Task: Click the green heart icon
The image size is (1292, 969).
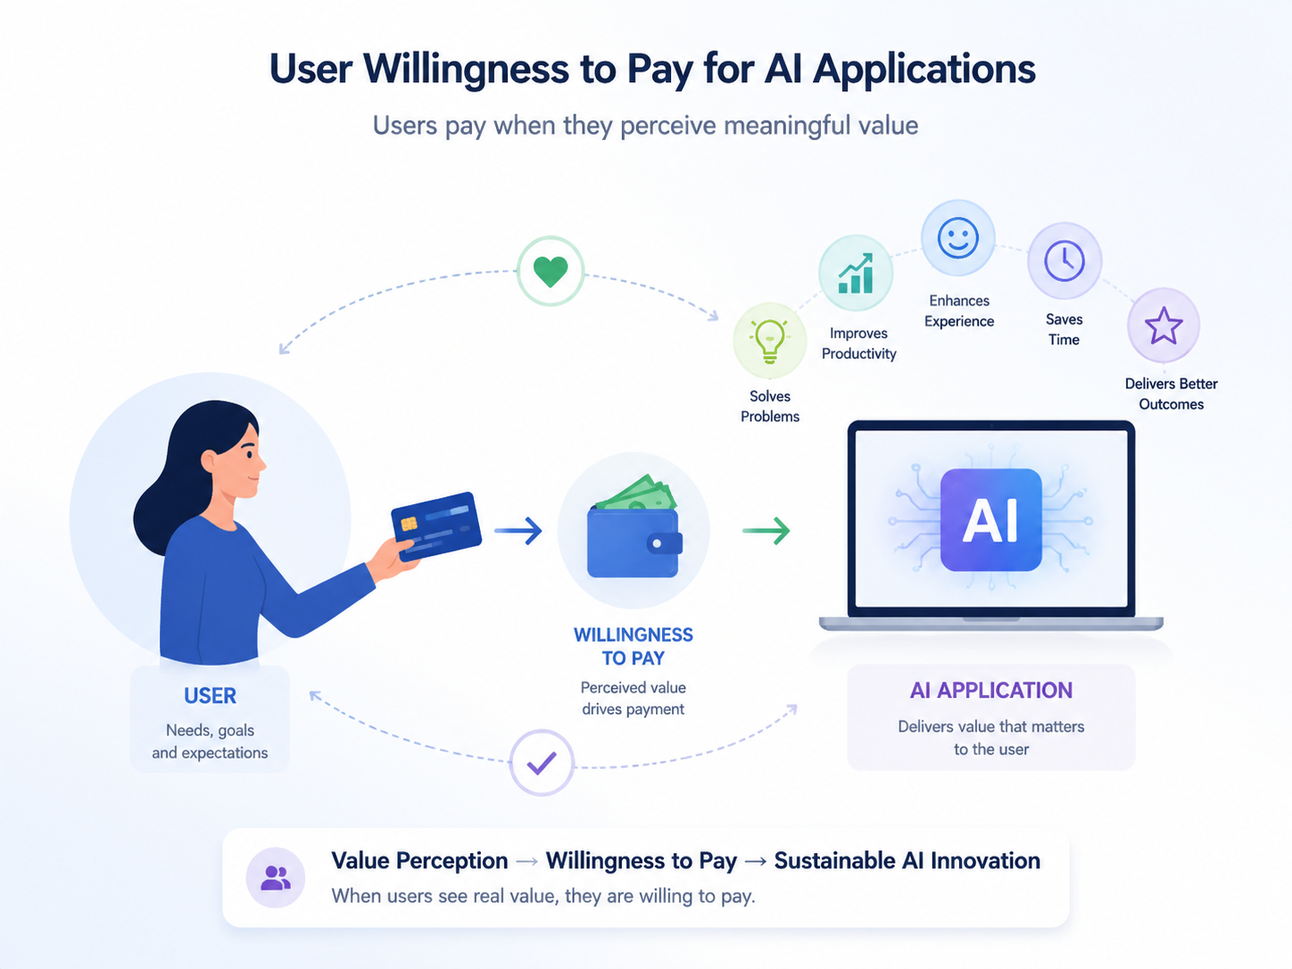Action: pos(551,272)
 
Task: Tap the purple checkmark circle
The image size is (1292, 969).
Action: pos(542,763)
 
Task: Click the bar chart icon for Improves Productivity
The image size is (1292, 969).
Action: pos(856,273)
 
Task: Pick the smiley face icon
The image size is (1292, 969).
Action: pos(957,237)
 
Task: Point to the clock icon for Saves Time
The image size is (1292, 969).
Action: pos(1064,261)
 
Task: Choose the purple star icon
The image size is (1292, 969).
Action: pos(1164,326)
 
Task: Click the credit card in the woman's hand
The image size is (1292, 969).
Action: pos(436,526)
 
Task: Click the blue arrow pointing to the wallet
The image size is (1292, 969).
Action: pos(518,531)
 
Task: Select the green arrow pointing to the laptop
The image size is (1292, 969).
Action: pos(766,531)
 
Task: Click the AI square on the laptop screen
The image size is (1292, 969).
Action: pos(990,519)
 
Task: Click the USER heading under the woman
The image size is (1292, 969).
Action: pos(211,696)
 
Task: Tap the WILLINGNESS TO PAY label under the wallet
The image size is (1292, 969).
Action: pos(634,646)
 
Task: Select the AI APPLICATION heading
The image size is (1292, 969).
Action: pos(991,690)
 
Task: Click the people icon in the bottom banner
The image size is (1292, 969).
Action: pos(276,878)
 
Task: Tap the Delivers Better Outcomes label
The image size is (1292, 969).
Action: pos(1172,393)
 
